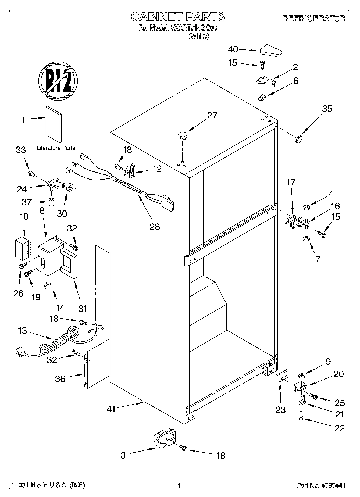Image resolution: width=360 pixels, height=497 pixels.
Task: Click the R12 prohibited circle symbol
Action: click(x=58, y=81)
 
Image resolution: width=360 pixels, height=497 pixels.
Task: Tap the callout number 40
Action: click(x=233, y=49)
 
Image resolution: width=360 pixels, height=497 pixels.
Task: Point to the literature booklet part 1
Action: click(x=54, y=124)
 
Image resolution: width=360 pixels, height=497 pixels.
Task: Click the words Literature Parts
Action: click(x=56, y=148)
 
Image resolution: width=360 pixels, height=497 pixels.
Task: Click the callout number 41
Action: click(x=111, y=409)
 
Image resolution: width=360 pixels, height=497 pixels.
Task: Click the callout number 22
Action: click(x=339, y=428)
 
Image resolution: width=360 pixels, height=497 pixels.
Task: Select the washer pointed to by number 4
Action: click(x=306, y=208)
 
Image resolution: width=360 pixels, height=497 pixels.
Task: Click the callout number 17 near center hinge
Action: click(x=291, y=182)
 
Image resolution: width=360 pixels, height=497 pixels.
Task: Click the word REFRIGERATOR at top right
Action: click(x=314, y=18)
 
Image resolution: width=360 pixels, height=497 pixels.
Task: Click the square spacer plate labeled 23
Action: click(x=283, y=376)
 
